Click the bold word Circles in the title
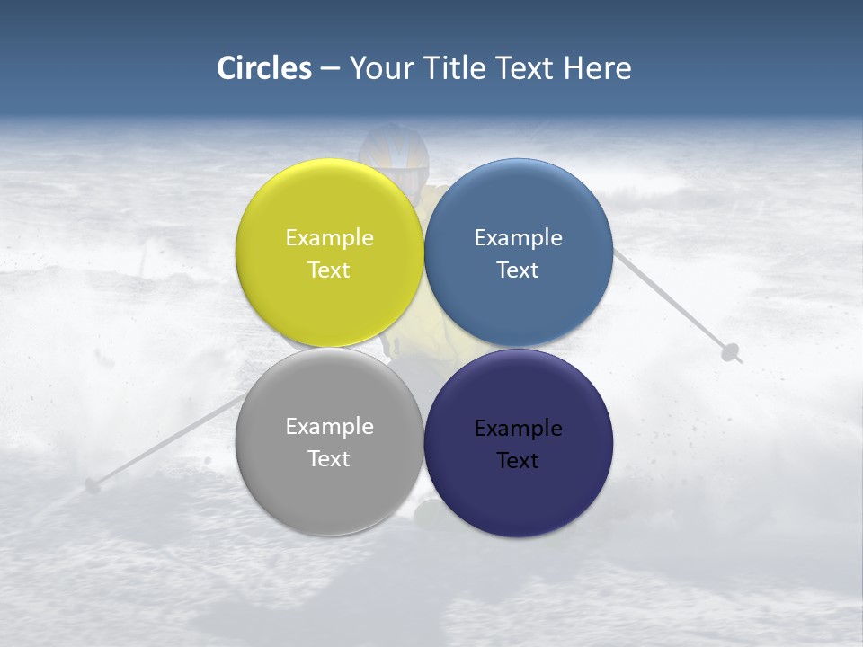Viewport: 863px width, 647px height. tap(263, 68)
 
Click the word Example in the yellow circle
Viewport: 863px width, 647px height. tap(329, 238)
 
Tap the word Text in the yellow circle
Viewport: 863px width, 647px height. tap(329, 270)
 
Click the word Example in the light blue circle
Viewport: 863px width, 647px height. tap(518, 238)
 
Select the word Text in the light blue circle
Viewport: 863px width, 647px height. tap(518, 270)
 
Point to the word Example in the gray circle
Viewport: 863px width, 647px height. tap(329, 427)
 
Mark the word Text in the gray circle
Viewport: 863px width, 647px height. tap(329, 459)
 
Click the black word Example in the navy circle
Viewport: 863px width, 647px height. tap(518, 429)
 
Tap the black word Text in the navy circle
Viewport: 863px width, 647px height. tap(518, 461)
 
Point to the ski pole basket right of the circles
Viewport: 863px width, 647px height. tap(730, 351)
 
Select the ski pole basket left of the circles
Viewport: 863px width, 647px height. tap(92, 486)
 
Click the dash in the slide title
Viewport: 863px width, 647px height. tap(330, 69)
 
